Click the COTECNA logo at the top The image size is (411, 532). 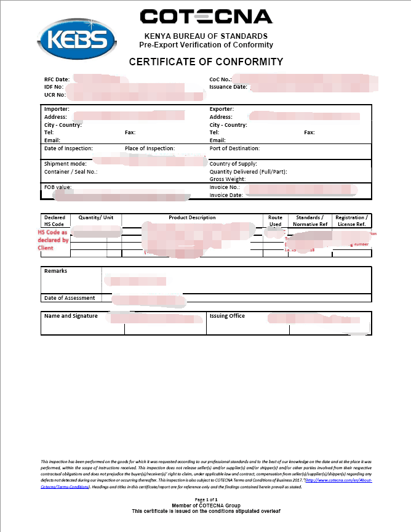[x=205, y=17]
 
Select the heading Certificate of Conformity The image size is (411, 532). [x=205, y=62]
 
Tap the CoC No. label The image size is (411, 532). [x=220, y=79]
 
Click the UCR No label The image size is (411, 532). [x=55, y=95]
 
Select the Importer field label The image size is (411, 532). [x=57, y=109]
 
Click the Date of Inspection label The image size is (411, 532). [x=68, y=148]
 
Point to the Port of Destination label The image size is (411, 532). [x=234, y=148]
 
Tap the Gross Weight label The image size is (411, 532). [x=228, y=179]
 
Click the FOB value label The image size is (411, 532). [x=58, y=187]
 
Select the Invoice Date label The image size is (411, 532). [x=227, y=195]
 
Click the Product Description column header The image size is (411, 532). [x=192, y=217]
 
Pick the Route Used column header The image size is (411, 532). [x=275, y=221]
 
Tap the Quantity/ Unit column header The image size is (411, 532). [x=95, y=217]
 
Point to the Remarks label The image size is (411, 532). [x=55, y=271]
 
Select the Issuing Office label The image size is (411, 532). [x=227, y=316]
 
